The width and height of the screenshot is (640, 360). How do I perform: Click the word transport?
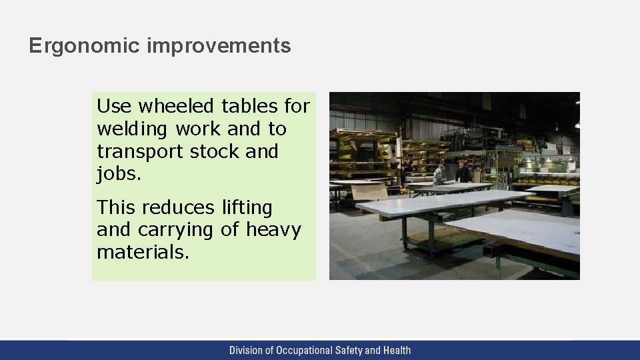point(137,151)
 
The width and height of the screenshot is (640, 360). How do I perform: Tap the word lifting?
point(248,207)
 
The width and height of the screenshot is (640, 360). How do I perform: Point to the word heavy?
point(273,230)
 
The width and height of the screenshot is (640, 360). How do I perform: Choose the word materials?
point(143,253)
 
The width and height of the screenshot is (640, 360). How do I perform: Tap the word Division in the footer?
point(245,350)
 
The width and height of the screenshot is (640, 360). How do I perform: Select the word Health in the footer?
point(397,350)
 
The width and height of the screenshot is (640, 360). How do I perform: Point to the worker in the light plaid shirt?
point(438,175)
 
